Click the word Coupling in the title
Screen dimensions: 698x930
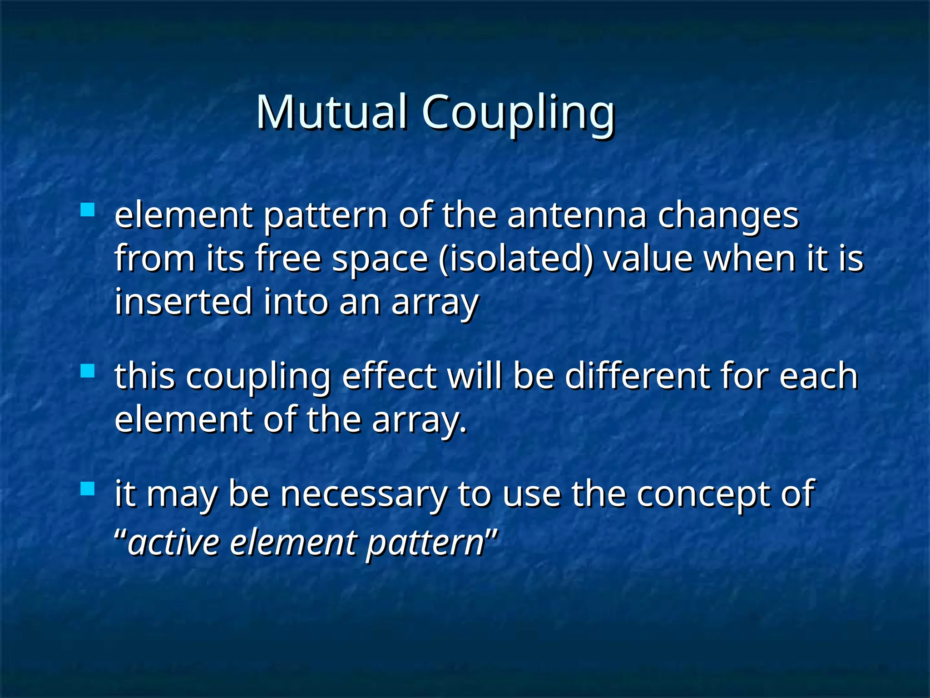pyautogui.click(x=518, y=114)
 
